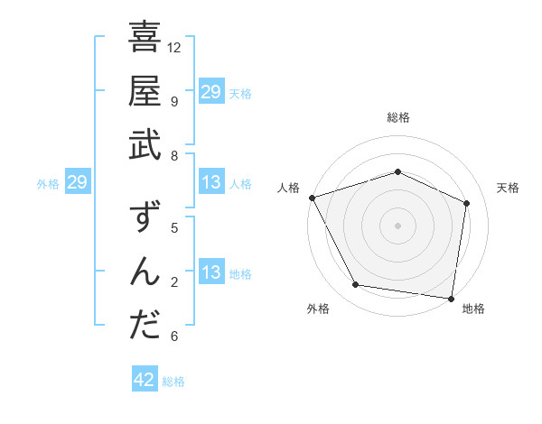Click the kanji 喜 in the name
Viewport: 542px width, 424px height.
click(145, 38)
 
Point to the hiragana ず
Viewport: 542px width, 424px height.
click(145, 219)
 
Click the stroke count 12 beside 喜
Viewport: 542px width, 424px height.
click(175, 47)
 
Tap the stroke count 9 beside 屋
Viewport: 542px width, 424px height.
click(174, 101)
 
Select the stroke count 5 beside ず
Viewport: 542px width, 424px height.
click(174, 228)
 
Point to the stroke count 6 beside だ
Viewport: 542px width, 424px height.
click(174, 336)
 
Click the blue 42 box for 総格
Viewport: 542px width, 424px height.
click(145, 380)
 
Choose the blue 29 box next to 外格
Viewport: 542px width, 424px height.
click(78, 183)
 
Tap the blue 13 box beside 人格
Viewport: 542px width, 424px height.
click(211, 183)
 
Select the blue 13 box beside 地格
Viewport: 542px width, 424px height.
click(211, 273)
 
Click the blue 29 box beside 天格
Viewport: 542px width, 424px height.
click(211, 91)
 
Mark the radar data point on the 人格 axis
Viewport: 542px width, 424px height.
click(312, 198)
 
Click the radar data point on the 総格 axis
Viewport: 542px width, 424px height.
click(397, 171)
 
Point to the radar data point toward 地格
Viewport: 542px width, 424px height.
click(452, 298)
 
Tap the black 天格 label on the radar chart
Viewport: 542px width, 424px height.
click(509, 188)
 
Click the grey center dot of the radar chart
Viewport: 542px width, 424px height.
click(397, 225)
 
